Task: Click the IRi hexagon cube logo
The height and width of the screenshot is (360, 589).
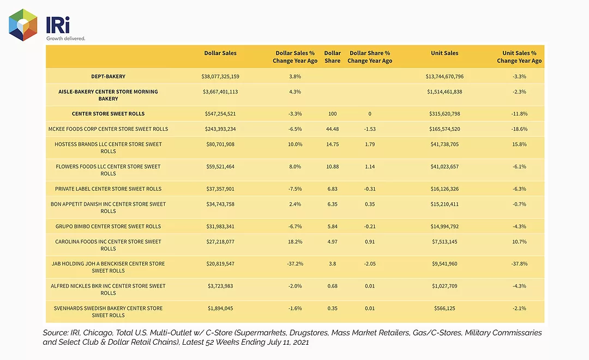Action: pos(23,25)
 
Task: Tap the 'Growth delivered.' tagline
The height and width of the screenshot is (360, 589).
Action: pos(66,38)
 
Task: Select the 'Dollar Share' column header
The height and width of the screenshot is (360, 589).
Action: pos(333,57)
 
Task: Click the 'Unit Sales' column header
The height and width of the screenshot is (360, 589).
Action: pos(444,53)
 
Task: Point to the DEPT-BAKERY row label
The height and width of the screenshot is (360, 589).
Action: pos(108,76)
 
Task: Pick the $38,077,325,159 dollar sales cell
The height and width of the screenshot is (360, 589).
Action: pos(220,76)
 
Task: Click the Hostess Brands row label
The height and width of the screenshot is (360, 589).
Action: pos(108,148)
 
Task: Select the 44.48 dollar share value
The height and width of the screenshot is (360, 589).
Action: pos(333,129)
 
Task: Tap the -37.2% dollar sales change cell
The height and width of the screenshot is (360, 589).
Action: pos(295,264)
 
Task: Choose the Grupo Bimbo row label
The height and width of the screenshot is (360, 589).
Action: pos(108,226)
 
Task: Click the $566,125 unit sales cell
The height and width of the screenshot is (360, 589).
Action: pos(444,308)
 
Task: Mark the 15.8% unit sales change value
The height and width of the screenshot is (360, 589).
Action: pos(519,144)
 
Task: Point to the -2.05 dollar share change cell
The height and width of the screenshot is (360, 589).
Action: pos(370,264)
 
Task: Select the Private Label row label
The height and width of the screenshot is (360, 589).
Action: pos(108,189)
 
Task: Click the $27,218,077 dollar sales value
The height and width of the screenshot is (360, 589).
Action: pos(220,242)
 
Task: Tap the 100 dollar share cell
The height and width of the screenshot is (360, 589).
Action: pos(333,113)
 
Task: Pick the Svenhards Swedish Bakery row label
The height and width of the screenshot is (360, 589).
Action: pos(108,311)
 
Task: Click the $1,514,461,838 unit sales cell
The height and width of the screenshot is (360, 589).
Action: pos(444,92)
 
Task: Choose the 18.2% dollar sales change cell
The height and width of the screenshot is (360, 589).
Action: pos(295,242)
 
